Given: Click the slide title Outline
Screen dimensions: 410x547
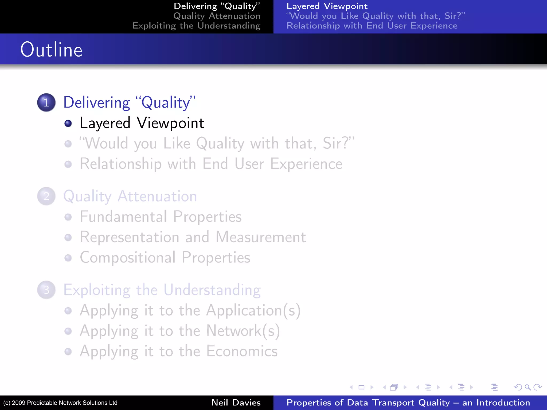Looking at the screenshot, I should click(51, 50).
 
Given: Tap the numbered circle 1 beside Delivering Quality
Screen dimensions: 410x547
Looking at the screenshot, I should click(46, 102).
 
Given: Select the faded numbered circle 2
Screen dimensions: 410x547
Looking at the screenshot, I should click(46, 196).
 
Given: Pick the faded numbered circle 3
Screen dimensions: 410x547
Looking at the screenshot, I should click(46, 290).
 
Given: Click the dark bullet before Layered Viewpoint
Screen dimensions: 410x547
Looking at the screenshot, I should click(68, 123).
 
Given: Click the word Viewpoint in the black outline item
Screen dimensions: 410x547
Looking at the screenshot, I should click(170, 123).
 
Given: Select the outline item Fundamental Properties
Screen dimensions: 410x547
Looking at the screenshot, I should click(161, 216).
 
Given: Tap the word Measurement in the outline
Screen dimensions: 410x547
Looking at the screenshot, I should click(260, 237).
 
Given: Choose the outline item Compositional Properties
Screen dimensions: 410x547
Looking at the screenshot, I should click(165, 258).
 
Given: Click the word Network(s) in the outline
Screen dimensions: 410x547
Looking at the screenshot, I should click(243, 331).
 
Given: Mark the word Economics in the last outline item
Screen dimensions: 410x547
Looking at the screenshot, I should click(242, 351).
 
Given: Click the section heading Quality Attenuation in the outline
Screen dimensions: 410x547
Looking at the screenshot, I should click(130, 196).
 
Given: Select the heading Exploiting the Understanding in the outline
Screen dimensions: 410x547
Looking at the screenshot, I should click(162, 290).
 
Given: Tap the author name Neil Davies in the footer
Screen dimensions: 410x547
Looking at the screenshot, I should click(236, 403).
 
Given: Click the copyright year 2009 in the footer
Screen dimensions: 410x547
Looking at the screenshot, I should click(19, 403).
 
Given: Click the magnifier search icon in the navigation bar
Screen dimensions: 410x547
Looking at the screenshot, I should click(528, 387).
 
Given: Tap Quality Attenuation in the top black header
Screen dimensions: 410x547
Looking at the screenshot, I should click(217, 16).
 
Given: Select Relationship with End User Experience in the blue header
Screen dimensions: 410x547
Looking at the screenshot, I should click(372, 26).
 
